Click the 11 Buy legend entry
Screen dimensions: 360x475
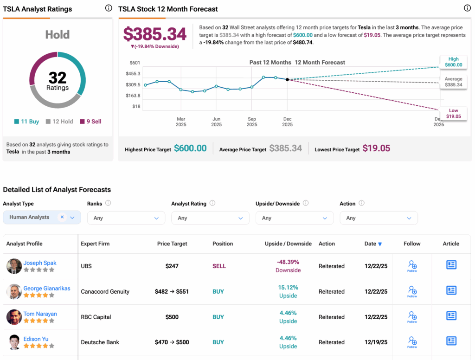[x=26, y=122]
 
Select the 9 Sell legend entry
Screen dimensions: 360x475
[x=90, y=122]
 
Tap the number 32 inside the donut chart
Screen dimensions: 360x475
[x=58, y=77]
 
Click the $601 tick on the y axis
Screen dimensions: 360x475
[x=135, y=63]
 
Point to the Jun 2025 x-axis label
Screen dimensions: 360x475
[x=216, y=122]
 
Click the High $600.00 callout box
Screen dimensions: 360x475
[x=454, y=62]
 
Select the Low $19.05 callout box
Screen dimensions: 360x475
[x=454, y=114]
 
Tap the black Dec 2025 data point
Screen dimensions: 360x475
[x=287, y=80]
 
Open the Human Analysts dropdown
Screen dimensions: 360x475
[x=42, y=217]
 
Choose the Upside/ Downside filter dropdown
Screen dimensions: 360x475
[x=294, y=218]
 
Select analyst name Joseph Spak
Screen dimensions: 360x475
[x=40, y=263]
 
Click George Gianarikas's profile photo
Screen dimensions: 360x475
[x=14, y=292]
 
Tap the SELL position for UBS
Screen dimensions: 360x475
[x=219, y=266]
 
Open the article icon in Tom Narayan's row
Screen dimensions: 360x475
[x=451, y=316]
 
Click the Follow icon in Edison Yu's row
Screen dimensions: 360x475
[x=412, y=342]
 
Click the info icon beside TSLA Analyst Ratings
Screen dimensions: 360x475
[x=108, y=8]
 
